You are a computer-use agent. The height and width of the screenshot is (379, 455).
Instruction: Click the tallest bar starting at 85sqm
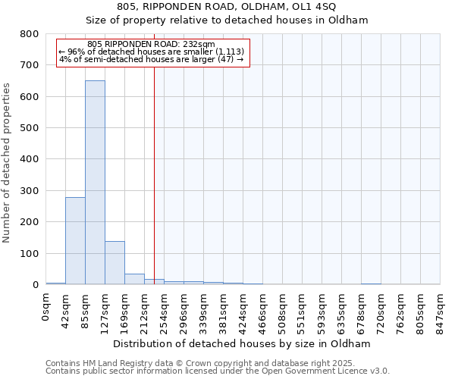[x=95, y=182]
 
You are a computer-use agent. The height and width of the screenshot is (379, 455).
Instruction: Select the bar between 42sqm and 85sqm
[x=75, y=240]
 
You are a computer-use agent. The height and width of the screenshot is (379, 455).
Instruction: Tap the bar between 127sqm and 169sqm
[x=115, y=262]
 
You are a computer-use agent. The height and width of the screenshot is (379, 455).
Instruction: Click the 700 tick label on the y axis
[x=29, y=65]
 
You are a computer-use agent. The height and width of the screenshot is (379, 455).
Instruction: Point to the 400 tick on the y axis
[x=29, y=159]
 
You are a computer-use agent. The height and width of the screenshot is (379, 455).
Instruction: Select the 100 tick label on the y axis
[x=29, y=253]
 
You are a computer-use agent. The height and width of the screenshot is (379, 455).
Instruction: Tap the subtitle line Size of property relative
[x=227, y=20]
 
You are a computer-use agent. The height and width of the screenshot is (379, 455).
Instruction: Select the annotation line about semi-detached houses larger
[x=151, y=59]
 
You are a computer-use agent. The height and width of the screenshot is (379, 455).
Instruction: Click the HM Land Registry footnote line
[x=217, y=364]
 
